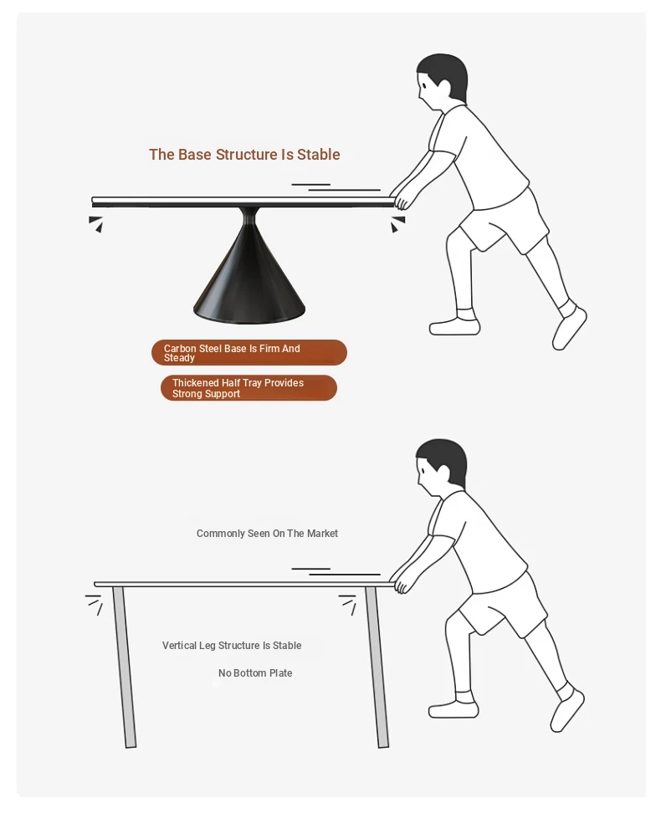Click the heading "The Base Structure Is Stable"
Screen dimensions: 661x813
[244, 155]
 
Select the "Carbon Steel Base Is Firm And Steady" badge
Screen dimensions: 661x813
[249, 353]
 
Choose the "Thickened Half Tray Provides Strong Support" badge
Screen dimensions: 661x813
[249, 388]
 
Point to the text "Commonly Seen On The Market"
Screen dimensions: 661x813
[267, 533]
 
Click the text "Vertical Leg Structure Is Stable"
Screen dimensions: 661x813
[232, 646]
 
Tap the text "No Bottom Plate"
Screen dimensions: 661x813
[255, 673]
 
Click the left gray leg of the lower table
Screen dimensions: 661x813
[125, 667]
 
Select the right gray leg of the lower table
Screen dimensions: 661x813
[377, 667]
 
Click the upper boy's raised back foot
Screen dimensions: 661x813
[569, 328]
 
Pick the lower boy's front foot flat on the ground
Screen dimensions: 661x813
[453, 708]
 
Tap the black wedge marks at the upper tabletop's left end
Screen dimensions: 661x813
[95, 224]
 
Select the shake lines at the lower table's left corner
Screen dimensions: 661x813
[94, 605]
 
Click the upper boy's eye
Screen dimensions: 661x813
[424, 87]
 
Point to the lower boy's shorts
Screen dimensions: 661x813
[502, 606]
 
